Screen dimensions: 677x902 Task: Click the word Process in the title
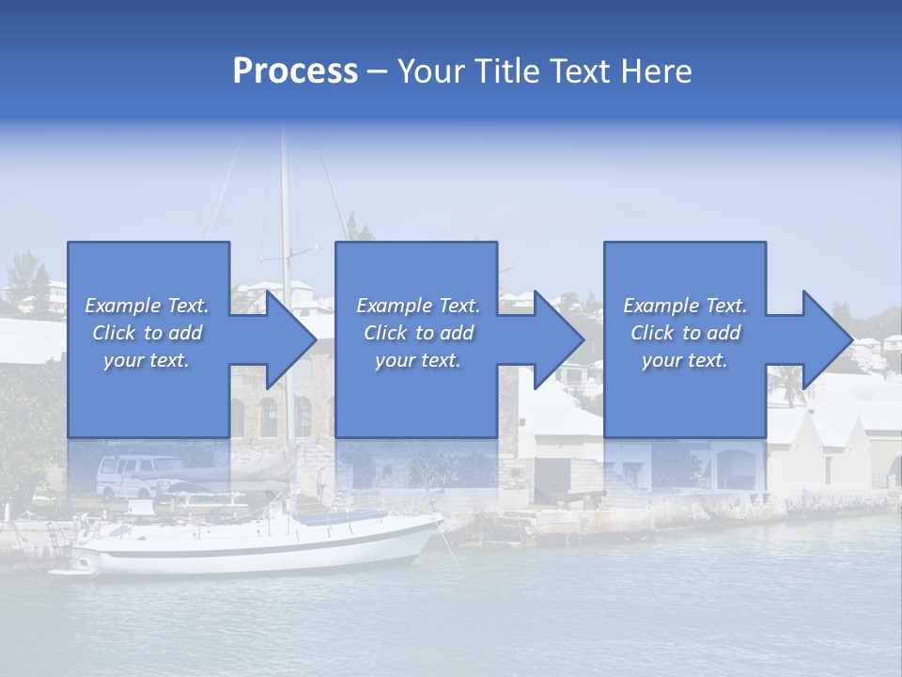click(295, 71)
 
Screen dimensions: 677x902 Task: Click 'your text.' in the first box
click(147, 360)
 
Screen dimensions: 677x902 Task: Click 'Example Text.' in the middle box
click(418, 306)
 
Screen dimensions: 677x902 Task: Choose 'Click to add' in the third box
click(686, 333)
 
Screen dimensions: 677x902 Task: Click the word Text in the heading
click(579, 71)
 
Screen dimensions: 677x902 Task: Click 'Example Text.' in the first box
click(147, 306)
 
